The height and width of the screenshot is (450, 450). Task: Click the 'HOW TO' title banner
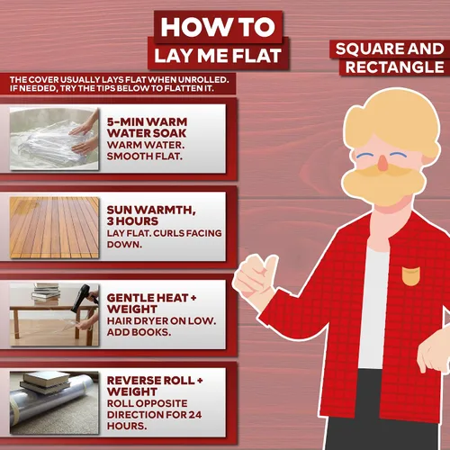pos(218,27)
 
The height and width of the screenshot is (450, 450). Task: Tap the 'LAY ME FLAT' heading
pos(218,56)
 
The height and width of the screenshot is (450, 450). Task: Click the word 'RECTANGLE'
pos(394,67)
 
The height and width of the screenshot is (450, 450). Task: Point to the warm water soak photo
pos(54,139)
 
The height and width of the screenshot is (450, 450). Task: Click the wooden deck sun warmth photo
pos(54,228)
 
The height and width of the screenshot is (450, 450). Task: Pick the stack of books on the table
pos(46,293)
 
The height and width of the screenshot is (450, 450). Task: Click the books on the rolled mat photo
pos(45,382)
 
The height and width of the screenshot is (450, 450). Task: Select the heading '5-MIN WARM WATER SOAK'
pos(147,128)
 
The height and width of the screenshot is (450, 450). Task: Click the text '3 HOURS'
pos(132,221)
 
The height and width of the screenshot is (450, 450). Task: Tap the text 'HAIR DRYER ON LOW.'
pos(161,321)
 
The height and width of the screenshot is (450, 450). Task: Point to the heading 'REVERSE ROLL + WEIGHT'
pos(155,386)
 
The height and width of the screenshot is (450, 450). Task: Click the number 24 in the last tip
pos(195,415)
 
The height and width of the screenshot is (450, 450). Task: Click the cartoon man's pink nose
pos(382,163)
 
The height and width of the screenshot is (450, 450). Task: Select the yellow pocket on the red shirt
pos(410,275)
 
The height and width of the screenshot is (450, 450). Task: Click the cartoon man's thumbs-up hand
pos(255,276)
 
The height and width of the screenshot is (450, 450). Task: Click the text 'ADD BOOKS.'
pos(139,332)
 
